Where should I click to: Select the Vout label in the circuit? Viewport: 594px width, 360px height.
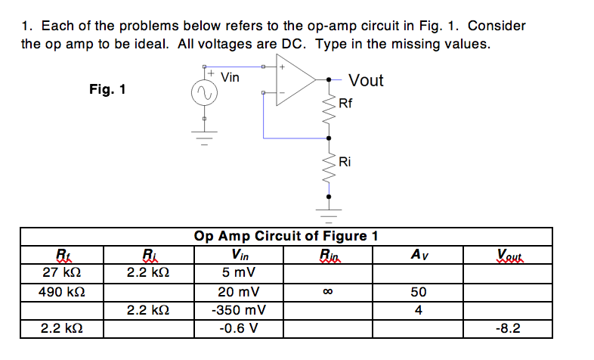366,80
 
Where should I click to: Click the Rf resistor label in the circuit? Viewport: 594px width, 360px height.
345,104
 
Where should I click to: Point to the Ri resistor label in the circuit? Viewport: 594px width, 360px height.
345,161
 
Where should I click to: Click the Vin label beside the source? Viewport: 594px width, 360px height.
230,77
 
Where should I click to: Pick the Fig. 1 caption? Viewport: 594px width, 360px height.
107,90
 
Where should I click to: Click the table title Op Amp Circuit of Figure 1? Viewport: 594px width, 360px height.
286,235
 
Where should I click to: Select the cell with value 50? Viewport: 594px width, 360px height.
419,291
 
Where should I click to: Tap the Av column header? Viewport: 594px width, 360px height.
419,253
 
